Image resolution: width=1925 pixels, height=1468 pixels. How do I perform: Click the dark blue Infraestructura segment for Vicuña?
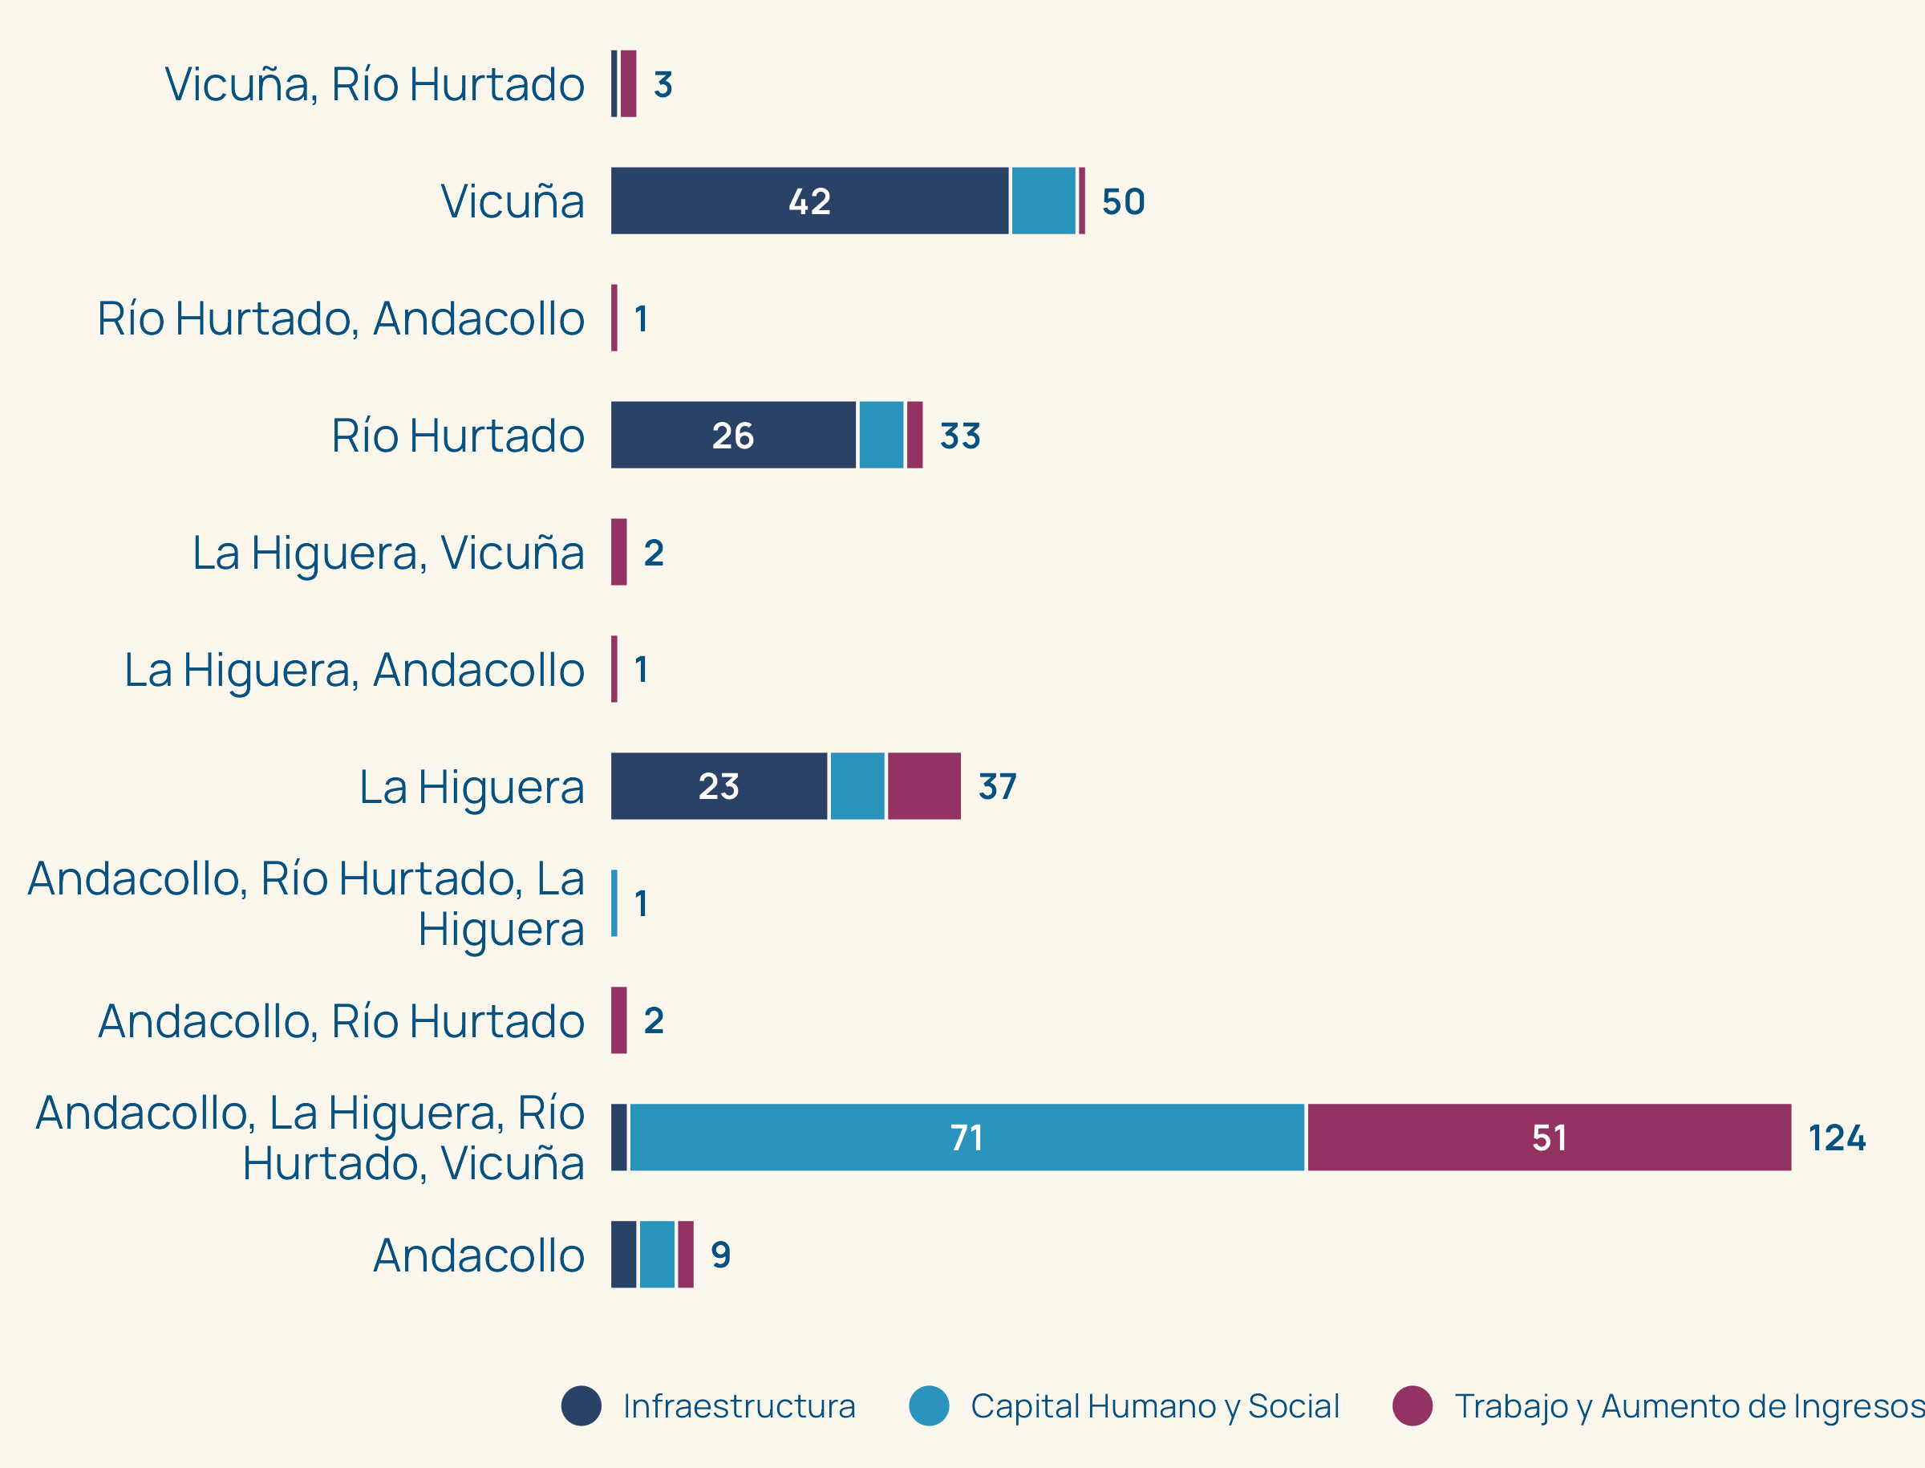point(809,201)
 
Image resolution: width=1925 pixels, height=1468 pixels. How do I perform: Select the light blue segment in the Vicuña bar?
point(1044,201)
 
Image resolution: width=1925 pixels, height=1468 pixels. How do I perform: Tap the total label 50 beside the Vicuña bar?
point(1123,202)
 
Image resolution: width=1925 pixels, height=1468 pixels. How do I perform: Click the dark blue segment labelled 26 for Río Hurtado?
point(732,435)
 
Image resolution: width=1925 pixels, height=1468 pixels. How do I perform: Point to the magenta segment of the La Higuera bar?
point(924,786)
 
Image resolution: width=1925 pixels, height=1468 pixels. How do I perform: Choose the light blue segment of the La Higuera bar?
point(857,786)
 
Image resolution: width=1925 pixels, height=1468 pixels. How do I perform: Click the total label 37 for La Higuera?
point(997,786)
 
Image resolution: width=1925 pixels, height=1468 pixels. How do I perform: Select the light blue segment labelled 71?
point(967,1137)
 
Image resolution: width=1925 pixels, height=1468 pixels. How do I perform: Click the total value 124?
point(1836,1138)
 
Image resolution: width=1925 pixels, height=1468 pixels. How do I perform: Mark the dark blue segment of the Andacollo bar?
point(623,1255)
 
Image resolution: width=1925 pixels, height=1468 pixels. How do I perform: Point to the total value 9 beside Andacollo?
point(721,1255)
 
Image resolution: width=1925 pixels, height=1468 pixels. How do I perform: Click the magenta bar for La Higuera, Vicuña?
point(618,552)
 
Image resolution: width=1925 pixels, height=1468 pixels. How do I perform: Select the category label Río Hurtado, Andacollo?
point(341,319)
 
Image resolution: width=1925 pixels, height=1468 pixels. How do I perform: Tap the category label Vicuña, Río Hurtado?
point(374,85)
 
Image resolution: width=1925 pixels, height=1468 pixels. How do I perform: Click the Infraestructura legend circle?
point(581,1406)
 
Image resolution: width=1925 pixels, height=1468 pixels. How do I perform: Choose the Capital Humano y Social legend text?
point(1154,1406)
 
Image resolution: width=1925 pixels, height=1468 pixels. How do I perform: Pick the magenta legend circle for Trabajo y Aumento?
point(1412,1406)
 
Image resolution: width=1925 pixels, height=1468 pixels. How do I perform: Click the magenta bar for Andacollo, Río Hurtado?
point(618,1020)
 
